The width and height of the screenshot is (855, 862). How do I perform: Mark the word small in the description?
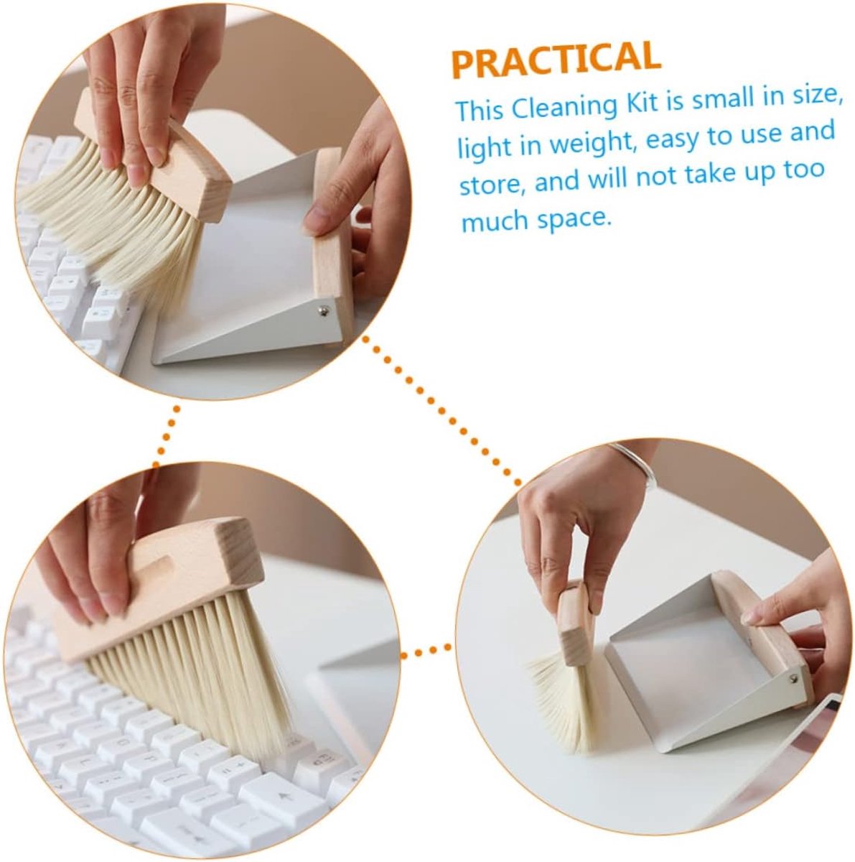pyautogui.click(x=723, y=98)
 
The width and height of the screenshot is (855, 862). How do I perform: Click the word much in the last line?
pyautogui.click(x=495, y=221)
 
